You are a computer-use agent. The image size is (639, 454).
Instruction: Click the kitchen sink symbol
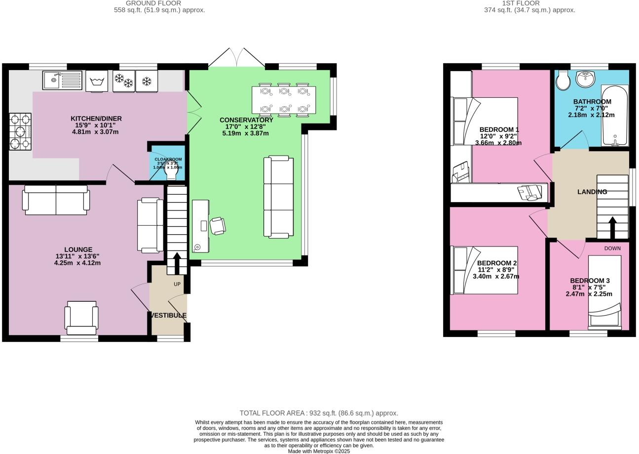[x=62, y=80]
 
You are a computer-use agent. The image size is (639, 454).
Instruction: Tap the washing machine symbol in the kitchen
[x=97, y=81]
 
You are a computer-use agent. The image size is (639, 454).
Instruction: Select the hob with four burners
[x=20, y=131]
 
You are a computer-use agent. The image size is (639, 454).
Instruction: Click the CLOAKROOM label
[x=168, y=159]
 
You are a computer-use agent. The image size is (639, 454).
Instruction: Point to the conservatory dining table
[x=284, y=100]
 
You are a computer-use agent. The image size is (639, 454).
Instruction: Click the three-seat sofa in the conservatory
[x=279, y=197]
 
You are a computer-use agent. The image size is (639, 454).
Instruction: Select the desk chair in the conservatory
[x=218, y=226]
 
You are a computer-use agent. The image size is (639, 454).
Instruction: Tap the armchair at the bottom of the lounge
[x=81, y=317]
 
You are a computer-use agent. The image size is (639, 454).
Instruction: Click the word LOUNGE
[x=78, y=249]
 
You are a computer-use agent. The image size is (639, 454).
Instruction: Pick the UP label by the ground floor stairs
[x=177, y=284]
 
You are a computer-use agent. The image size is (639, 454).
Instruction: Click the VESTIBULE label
[x=169, y=315]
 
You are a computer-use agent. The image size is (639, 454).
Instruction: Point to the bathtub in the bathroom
[x=615, y=116]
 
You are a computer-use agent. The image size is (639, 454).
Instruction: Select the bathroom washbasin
[x=586, y=78]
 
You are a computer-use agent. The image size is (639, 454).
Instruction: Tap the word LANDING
[x=592, y=192]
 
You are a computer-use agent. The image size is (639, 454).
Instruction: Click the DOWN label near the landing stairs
[x=612, y=248]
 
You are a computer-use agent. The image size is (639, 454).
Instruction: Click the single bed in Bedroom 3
[x=604, y=291]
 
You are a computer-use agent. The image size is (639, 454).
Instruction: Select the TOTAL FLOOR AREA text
[x=319, y=413]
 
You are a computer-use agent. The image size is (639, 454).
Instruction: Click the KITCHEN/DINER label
[x=96, y=119]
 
